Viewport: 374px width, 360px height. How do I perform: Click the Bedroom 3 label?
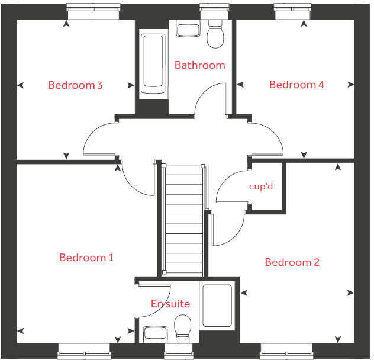pyautogui.click(x=75, y=85)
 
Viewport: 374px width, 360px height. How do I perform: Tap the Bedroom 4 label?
pyautogui.click(x=296, y=85)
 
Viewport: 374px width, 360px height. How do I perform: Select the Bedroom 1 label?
pyautogui.click(x=86, y=258)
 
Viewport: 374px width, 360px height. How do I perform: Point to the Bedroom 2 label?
pyautogui.click(x=292, y=262)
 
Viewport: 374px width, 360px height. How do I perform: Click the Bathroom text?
pyautogui.click(x=199, y=65)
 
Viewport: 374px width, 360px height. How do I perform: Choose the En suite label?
pyautogui.click(x=170, y=304)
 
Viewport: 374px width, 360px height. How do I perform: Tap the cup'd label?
pyautogui.click(x=260, y=187)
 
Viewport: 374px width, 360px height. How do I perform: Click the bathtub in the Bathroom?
pyautogui.click(x=153, y=65)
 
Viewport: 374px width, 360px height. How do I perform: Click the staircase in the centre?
pyautogui.click(x=184, y=219)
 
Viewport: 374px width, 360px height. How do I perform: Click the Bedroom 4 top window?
pyautogui.click(x=294, y=8)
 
